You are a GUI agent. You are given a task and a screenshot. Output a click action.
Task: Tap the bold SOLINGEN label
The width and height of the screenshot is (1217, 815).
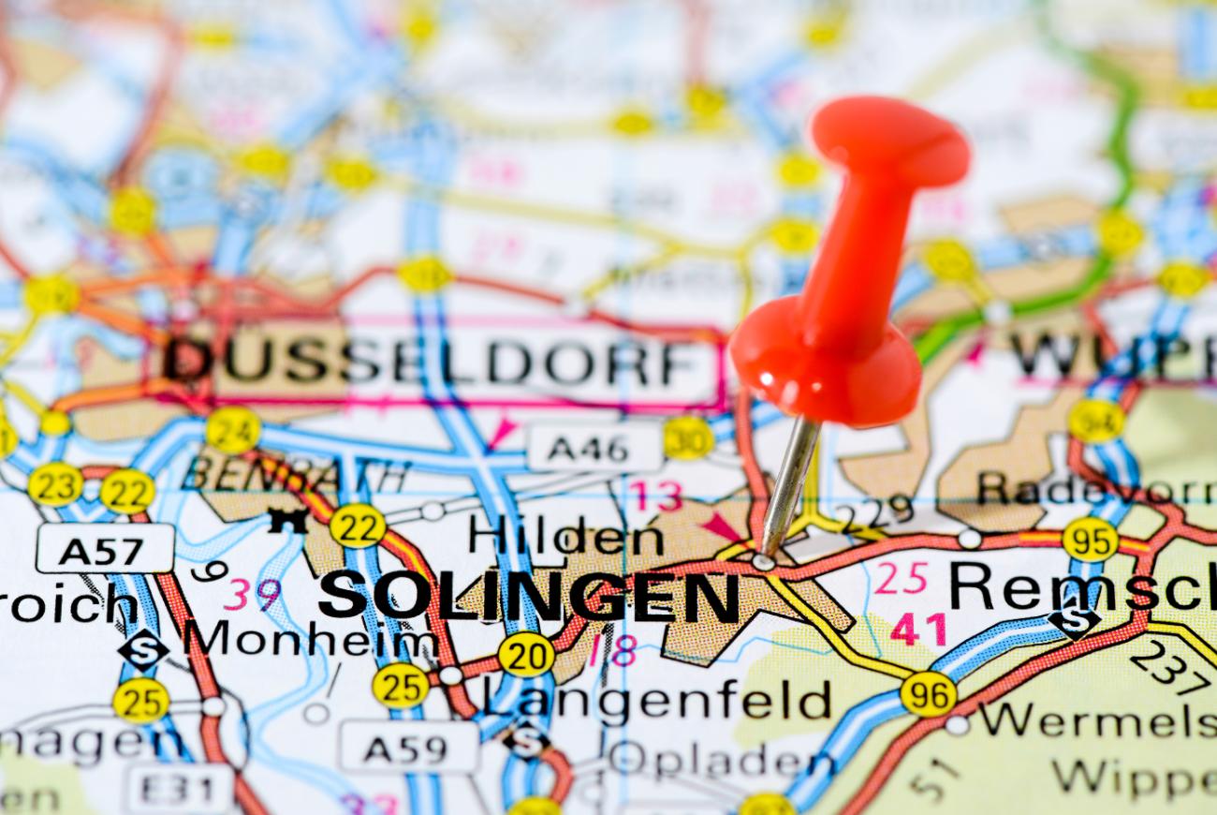(x=529, y=596)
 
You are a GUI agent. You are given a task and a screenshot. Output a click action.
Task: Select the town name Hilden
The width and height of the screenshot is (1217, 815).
(x=566, y=537)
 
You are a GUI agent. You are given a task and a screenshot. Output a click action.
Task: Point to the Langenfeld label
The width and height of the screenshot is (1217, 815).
(x=656, y=698)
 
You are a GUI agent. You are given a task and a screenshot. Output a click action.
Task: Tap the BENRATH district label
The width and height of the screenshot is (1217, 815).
(x=296, y=474)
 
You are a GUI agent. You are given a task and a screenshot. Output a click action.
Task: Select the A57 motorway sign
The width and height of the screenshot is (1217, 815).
(x=105, y=549)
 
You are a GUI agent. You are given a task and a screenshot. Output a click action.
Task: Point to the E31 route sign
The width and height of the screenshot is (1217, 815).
(x=181, y=789)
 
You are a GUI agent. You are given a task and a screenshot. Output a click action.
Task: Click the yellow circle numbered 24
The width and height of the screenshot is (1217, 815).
(x=233, y=430)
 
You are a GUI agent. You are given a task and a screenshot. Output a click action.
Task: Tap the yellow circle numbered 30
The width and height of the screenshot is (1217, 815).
(x=688, y=437)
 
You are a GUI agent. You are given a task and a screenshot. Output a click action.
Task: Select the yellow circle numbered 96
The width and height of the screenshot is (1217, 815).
(x=928, y=694)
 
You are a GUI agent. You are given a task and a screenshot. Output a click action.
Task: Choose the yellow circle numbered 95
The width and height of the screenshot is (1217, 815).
(x=1090, y=539)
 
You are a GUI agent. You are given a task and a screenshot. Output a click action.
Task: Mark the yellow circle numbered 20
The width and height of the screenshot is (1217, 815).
(x=525, y=654)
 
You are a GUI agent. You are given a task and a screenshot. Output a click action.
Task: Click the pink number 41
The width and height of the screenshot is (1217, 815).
(x=917, y=629)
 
